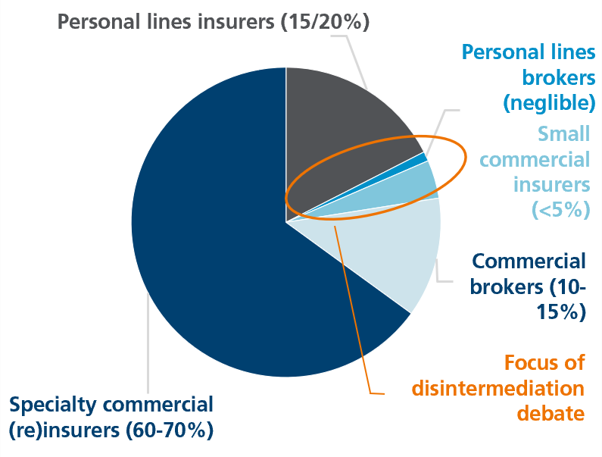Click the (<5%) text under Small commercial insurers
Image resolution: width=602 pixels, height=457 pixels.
[x=562, y=209]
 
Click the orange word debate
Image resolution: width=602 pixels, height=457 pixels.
[x=551, y=414]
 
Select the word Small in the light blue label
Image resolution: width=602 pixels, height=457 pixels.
[x=563, y=133]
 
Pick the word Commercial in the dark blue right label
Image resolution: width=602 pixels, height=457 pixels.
[x=529, y=261]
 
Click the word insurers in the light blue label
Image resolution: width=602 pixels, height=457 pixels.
[x=551, y=184]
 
